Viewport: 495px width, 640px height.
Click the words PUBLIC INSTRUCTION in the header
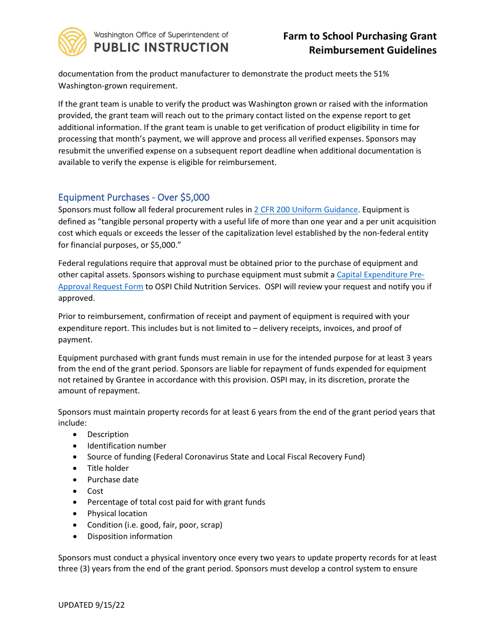[x=161, y=47]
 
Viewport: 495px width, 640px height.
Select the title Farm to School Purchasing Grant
[x=360, y=36]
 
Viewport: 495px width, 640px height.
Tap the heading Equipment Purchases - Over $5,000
[x=134, y=197]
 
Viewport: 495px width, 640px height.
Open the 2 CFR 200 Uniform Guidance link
[x=306, y=210]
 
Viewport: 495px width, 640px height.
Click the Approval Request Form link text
[x=101, y=287]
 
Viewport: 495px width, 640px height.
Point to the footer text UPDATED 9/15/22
[x=92, y=605]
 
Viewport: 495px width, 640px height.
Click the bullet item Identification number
[x=127, y=446]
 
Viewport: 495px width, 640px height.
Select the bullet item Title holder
[x=108, y=468]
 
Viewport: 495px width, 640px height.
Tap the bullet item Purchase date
[x=113, y=480]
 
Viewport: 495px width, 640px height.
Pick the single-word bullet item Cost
[x=95, y=491]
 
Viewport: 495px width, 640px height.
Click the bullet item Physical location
[x=117, y=514]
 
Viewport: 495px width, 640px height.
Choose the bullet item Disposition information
[x=130, y=536]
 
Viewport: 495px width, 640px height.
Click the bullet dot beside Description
[x=77, y=434]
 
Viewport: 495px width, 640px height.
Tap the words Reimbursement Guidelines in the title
[x=373, y=50]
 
